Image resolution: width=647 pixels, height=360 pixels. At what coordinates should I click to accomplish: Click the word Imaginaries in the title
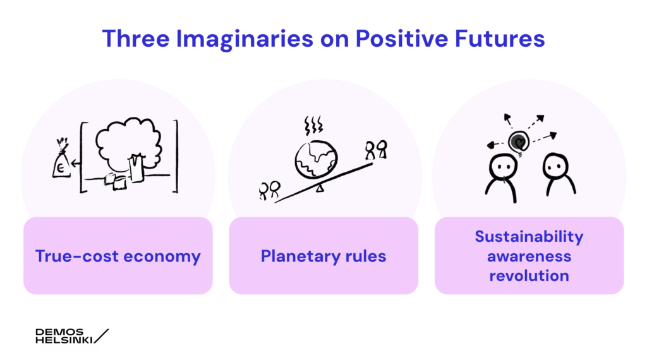(245, 40)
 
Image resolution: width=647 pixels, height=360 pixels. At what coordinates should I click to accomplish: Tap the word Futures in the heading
(500, 39)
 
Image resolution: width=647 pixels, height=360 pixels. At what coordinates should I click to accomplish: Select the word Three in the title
(136, 39)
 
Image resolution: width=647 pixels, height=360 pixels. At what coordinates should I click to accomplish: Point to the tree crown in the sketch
(128, 142)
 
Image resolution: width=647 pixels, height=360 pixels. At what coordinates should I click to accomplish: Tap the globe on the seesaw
(317, 160)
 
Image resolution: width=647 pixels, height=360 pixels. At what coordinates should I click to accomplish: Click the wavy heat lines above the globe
(313, 125)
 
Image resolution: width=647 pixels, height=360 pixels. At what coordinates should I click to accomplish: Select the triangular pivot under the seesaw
(320, 188)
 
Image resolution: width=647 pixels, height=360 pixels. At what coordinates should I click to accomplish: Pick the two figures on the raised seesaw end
(376, 150)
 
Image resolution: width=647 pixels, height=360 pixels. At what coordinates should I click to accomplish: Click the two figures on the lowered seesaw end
(269, 191)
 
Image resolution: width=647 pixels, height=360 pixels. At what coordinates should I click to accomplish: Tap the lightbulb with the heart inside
(519, 143)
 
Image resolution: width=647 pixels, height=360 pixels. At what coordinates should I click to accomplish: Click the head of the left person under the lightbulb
(502, 167)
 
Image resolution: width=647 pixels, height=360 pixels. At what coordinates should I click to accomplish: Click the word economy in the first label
(162, 256)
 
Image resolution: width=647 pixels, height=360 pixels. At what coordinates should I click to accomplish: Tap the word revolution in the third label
(529, 275)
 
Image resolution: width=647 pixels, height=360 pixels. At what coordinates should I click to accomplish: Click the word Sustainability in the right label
(529, 237)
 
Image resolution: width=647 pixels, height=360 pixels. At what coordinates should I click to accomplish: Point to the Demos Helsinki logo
(72, 336)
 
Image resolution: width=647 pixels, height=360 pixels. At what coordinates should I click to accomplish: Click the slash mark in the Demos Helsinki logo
(102, 336)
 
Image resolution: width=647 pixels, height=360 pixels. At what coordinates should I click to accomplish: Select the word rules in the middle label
(366, 256)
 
